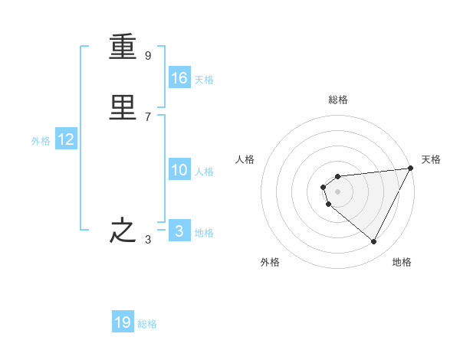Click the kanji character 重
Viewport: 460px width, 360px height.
123,50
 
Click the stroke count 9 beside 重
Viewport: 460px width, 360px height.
147,56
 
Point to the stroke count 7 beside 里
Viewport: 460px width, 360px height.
147,116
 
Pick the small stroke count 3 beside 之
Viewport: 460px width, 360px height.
147,241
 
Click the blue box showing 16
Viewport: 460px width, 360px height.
179,78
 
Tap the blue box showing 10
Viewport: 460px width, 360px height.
179,170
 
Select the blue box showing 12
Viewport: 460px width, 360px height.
66,139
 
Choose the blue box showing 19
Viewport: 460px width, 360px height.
123,322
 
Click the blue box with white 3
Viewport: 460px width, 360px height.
179,231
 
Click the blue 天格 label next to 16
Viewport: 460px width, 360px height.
204,80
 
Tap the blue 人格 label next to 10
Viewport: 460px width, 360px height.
204,172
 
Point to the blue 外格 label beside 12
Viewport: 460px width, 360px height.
41,141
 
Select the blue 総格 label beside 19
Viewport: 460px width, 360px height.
147,324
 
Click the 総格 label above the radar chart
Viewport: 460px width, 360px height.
338,100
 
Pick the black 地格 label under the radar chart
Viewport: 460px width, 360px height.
402,262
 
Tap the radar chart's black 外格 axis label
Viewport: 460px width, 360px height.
270,262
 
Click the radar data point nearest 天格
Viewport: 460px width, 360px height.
411,169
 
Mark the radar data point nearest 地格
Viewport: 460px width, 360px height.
373,242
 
